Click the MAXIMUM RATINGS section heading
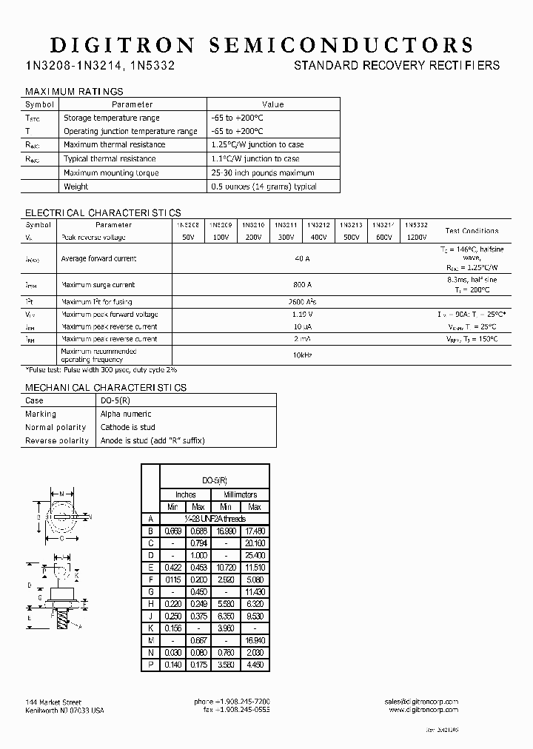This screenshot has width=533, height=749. tap(74, 92)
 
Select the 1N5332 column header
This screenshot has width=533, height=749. tap(416, 224)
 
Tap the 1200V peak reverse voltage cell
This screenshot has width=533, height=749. tap(416, 238)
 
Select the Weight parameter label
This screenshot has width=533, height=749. tap(76, 187)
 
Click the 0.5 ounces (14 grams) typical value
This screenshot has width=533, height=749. tap(264, 187)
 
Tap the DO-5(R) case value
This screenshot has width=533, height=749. tap(115, 400)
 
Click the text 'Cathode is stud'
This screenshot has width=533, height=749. tap(128, 427)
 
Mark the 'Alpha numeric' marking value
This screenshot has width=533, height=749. tap(126, 414)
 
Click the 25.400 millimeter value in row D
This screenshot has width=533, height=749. tap(254, 555)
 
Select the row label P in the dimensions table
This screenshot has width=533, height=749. tap(150, 665)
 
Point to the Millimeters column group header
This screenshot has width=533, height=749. tap(239, 494)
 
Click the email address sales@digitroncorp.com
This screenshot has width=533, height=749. tap(421, 702)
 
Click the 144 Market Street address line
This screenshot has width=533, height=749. tap(53, 702)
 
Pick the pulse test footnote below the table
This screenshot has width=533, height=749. tap(101, 369)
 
